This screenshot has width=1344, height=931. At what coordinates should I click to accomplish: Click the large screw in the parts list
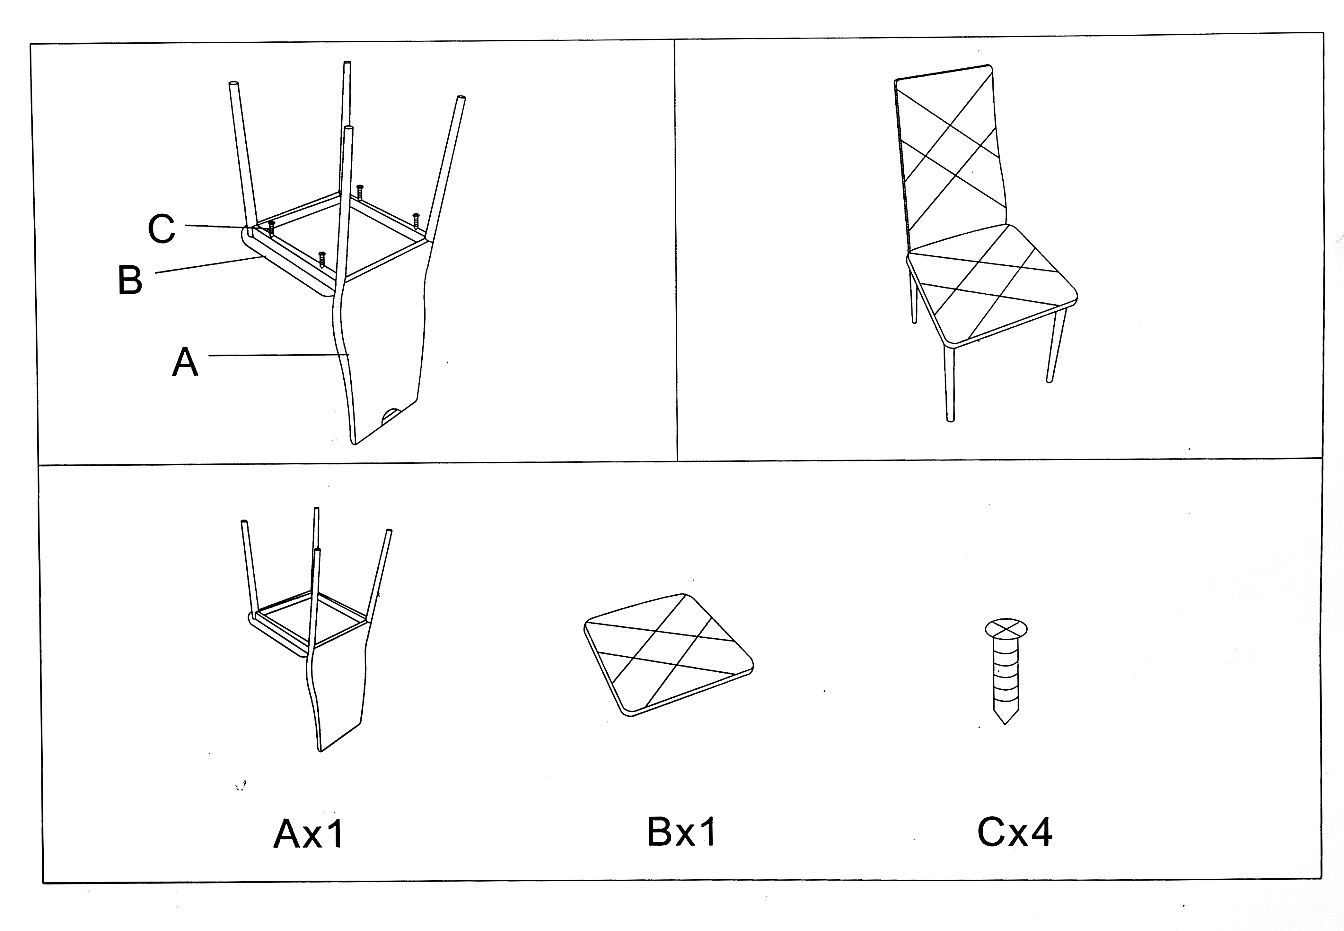[x=1006, y=671]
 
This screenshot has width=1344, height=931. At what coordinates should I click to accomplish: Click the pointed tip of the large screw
[x=1005, y=723]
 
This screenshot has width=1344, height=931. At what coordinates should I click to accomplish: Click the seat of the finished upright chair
[x=992, y=286]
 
